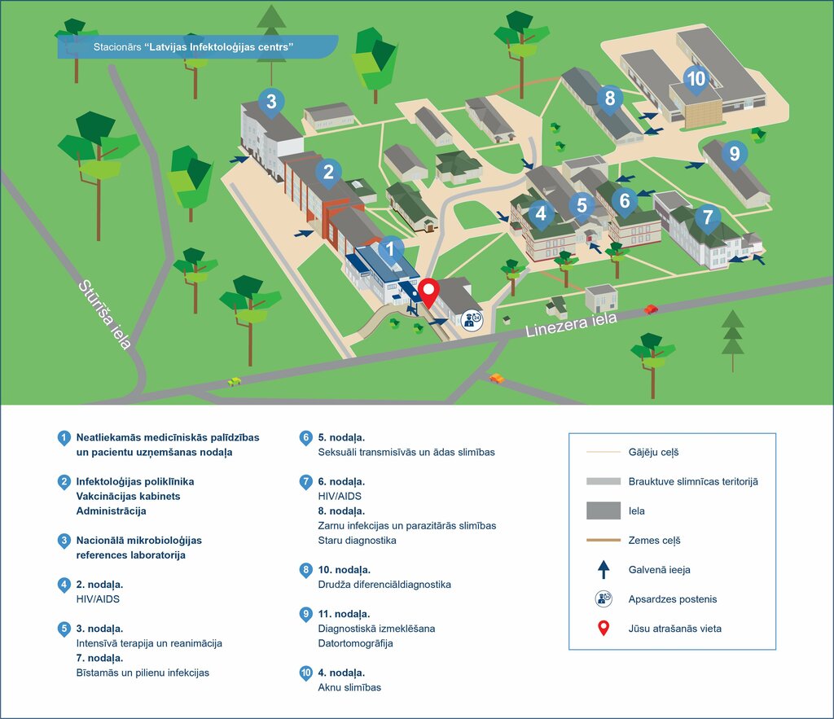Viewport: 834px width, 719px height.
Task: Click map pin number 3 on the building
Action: click(271, 103)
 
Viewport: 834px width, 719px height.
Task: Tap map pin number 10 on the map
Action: click(696, 79)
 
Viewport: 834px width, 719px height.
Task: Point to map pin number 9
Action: click(735, 154)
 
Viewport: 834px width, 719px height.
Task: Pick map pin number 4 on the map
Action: click(541, 214)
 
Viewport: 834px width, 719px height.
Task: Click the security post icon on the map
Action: click(471, 320)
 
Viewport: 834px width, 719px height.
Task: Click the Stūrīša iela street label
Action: click(105, 313)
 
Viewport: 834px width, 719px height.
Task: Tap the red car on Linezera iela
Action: click(651, 309)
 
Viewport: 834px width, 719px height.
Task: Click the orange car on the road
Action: click(496, 378)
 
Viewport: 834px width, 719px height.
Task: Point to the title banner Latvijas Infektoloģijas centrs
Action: click(195, 47)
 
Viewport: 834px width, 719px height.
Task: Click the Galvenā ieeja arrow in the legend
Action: click(604, 569)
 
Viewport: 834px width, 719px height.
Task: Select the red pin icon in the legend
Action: click(604, 629)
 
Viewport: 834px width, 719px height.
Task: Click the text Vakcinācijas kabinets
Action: click(128, 496)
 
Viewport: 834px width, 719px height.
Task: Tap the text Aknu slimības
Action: click(349, 687)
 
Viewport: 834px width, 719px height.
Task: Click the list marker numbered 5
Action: click(64, 629)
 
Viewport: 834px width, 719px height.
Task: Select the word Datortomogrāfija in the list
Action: click(355, 643)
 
